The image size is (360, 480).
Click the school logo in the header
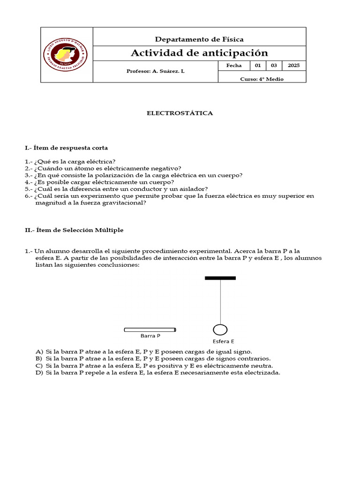(66, 55)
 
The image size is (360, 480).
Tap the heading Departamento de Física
(199, 39)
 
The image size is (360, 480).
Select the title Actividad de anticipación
(199, 53)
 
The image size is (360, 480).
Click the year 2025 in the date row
(293, 66)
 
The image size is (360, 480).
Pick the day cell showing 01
(258, 66)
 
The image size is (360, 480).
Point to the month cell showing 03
(274, 66)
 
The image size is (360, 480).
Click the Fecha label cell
(234, 66)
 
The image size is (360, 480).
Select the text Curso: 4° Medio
(262, 79)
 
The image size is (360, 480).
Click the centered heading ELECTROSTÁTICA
(180, 113)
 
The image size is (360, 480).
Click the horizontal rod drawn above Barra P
(150, 330)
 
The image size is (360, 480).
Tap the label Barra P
(150, 336)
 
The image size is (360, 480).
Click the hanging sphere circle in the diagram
(220, 330)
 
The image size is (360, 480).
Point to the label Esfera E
(223, 341)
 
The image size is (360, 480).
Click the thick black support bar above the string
(220, 278)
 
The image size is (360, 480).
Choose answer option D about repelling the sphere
(157, 373)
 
